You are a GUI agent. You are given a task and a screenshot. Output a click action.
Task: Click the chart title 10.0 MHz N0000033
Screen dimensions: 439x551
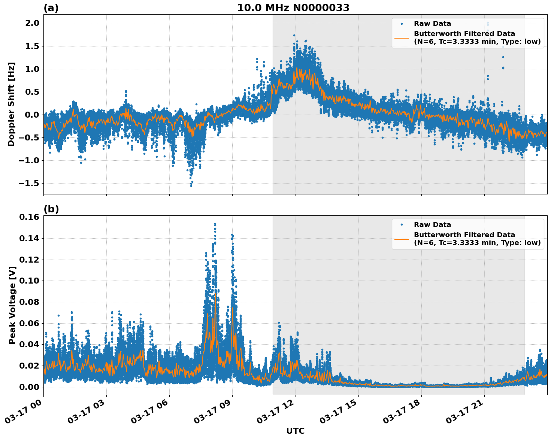pos(293,8)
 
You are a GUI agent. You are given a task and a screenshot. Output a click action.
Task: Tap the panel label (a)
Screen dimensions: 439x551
pos(51,8)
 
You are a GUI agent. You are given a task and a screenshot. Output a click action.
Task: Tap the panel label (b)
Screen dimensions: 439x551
pos(51,209)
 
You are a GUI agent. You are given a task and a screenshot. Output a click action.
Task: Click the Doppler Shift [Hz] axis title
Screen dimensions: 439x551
pos(11,104)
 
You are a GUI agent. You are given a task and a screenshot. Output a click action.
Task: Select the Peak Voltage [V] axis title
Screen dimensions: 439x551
pos(12,305)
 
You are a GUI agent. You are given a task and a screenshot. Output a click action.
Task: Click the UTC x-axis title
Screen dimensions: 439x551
pos(295,431)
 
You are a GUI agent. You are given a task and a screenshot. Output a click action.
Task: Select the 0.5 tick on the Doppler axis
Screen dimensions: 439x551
pos(31,92)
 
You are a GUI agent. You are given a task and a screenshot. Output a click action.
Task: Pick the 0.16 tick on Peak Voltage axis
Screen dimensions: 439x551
pos(29,217)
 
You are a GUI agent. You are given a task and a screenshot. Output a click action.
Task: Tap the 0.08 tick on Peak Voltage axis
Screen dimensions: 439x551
pos(29,302)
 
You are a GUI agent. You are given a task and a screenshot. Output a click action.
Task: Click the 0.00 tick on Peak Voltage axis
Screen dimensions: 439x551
pos(29,387)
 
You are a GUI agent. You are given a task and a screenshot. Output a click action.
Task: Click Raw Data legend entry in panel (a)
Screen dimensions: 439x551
pos(432,24)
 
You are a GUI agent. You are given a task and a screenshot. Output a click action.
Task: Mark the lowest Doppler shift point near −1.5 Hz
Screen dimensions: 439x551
pos(191,185)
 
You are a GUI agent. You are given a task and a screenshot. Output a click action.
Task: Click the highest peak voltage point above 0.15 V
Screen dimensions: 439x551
pos(215,224)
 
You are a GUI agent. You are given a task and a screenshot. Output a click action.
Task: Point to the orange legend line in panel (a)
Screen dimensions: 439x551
pos(402,38)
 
